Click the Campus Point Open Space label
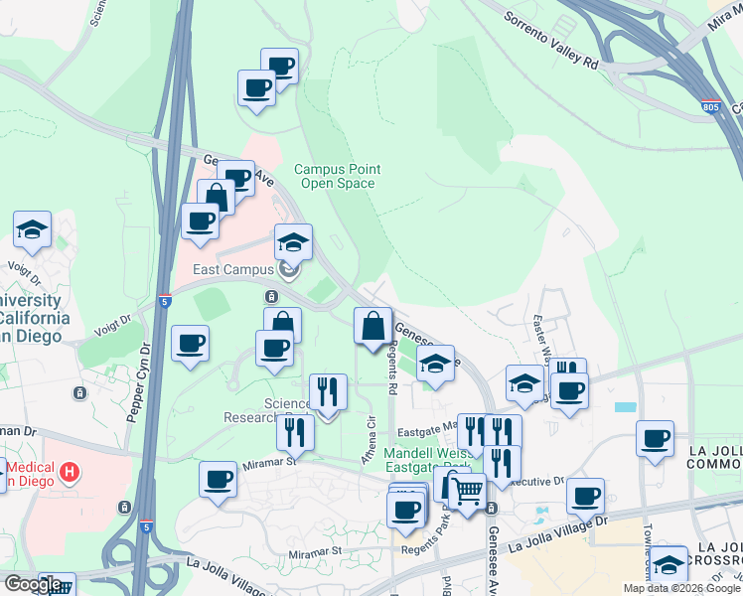click(335, 176)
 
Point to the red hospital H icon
click(70, 471)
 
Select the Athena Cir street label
click(372, 433)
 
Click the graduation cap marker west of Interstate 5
click(32, 229)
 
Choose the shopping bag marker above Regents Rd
click(372, 326)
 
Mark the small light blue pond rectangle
click(625, 407)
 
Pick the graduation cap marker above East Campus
click(293, 241)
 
